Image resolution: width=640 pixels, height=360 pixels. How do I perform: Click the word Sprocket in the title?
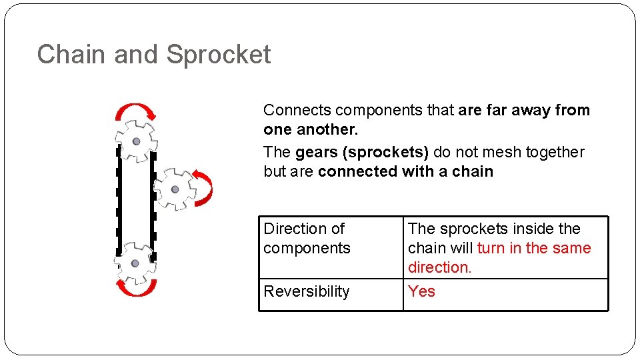click(219, 55)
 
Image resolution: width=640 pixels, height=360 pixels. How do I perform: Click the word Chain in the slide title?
click(73, 55)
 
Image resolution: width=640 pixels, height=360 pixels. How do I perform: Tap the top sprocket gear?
click(137, 141)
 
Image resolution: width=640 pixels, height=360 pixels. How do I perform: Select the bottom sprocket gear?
click(135, 263)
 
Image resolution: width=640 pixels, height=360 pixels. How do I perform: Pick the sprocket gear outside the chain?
click(175, 189)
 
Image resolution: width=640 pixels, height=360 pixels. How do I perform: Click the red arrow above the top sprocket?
click(135, 110)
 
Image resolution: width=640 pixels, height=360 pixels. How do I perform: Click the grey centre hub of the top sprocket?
click(137, 141)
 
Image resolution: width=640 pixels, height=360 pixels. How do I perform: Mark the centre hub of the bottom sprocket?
click(135, 263)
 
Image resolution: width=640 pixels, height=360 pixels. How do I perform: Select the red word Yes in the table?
click(421, 291)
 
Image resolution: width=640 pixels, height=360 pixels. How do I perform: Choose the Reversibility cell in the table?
click(307, 291)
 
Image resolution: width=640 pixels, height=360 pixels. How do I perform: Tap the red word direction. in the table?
click(439, 267)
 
